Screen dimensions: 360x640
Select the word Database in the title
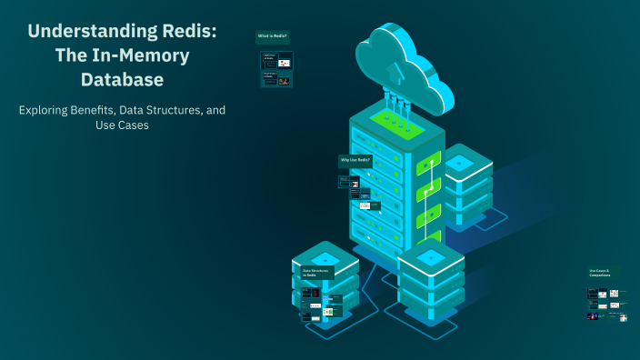click(x=121, y=79)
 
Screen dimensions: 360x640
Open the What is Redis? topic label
click(x=273, y=36)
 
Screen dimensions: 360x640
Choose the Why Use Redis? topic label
click(x=355, y=160)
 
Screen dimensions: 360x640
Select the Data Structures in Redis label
click(x=316, y=272)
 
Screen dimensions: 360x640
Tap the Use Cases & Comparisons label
click(x=602, y=272)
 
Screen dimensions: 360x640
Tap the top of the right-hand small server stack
click(x=460, y=163)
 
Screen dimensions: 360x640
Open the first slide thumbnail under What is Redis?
click(x=277, y=62)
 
